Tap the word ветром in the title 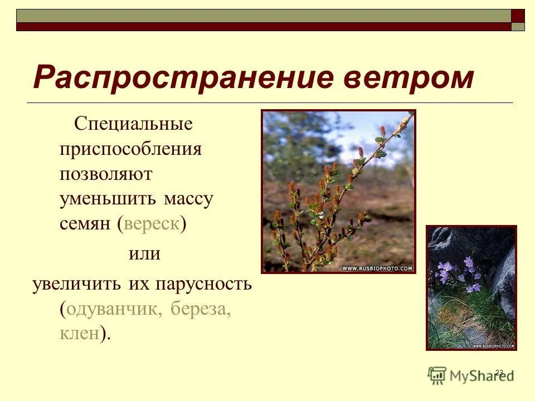click(x=408, y=77)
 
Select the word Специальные click(x=133, y=124)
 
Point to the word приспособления click(x=131, y=149)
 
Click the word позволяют click(x=106, y=174)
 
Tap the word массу click(x=188, y=199)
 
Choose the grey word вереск click(x=152, y=224)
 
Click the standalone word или click(x=144, y=254)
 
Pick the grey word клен click(x=80, y=333)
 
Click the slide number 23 click(x=499, y=372)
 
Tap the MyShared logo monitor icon click(x=437, y=375)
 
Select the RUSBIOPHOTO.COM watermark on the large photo click(x=377, y=268)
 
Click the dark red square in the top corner click(x=518, y=16)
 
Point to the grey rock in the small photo click(x=504, y=284)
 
